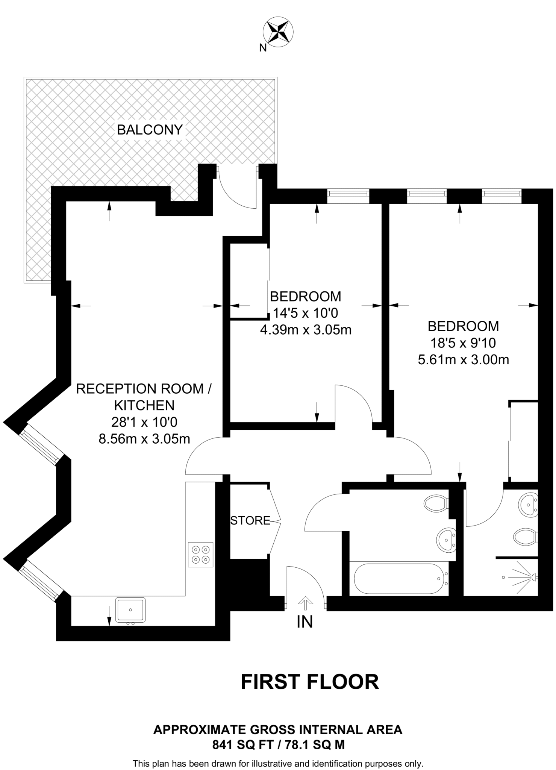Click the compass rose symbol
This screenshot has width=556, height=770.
click(278, 32)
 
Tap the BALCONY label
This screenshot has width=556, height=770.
click(150, 130)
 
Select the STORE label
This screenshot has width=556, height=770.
click(250, 520)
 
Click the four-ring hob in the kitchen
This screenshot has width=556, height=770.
click(201, 555)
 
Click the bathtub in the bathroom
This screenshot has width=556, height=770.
click(399, 579)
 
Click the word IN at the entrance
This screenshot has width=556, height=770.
click(305, 622)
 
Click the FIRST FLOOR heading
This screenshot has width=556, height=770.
click(310, 682)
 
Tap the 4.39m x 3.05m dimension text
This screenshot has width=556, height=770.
click(306, 330)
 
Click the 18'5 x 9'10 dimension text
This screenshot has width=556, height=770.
click(463, 343)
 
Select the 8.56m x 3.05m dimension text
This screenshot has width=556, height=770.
click(144, 439)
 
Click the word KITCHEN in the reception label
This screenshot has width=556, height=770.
click(144, 405)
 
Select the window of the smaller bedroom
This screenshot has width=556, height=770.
click(348, 193)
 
